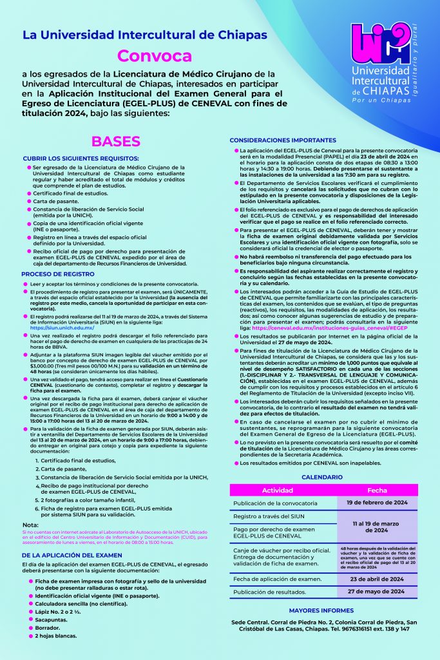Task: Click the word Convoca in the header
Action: tap(155, 55)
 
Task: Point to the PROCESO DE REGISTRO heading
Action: tap(58, 274)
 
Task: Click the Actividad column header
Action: tap(278, 490)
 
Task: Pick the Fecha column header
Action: tap(377, 490)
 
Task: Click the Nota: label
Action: tap(29, 525)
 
